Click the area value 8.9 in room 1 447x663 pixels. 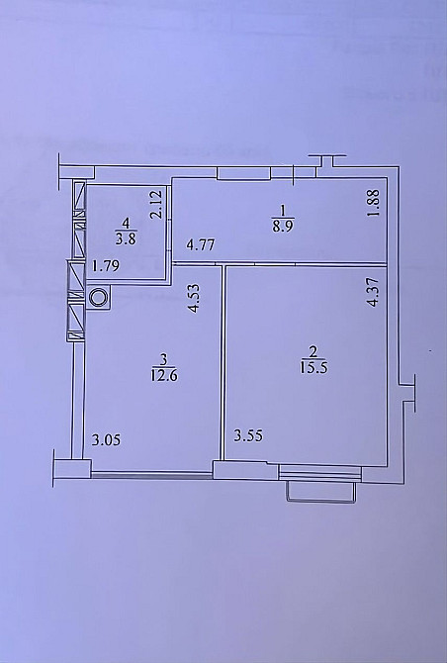282,225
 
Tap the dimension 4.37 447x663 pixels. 373,295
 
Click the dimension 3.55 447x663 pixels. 249,435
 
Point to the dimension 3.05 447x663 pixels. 108,440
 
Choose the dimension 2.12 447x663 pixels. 156,205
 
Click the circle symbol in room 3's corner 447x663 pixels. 99,296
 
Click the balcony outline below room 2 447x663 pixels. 318,491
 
